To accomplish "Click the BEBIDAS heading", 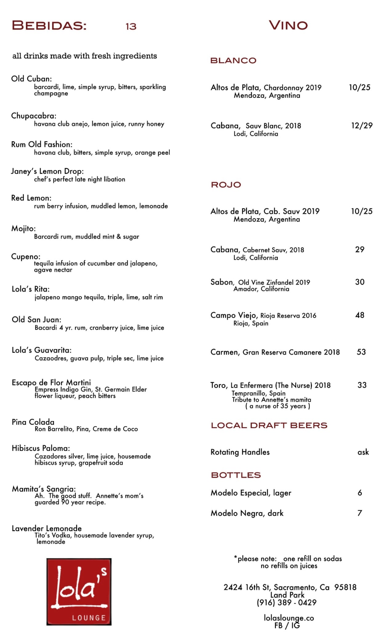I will coord(49,25).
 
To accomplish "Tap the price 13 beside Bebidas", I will coord(131,27).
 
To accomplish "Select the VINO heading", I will coord(288,25).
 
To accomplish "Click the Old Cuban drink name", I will coord(31,79).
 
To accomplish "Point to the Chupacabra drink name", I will coord(34,116).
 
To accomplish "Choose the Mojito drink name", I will coord(23,228).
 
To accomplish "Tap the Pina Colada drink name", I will coord(33,422).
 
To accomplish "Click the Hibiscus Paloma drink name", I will coord(41,448).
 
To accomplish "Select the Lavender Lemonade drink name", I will coord(46,528).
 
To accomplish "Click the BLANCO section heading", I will coord(233,61).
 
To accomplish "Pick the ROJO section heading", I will coord(226,185).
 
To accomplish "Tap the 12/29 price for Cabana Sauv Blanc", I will coord(362,125).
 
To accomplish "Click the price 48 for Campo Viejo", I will coord(360,315).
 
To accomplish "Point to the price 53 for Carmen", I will coord(361,352).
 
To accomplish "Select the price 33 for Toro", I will coord(362,385).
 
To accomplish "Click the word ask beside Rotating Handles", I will coord(363,452).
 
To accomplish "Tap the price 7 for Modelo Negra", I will coord(360,513).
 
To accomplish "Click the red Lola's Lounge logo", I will coord(79,592).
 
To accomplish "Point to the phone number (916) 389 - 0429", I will coord(286,602).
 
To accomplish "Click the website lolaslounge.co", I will coord(288,618).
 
